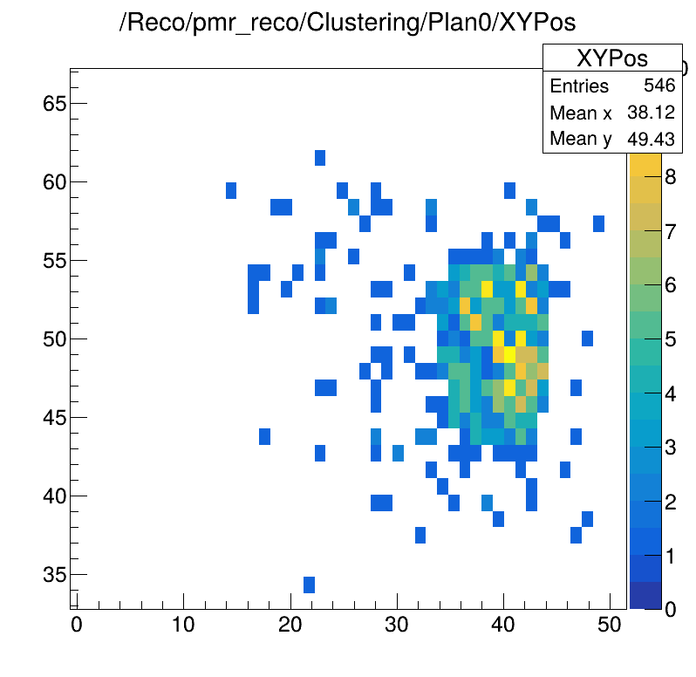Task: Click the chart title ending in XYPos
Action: (x=347, y=24)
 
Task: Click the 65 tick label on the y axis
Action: (x=54, y=104)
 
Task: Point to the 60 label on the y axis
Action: (x=54, y=182)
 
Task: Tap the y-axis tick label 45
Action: (x=54, y=418)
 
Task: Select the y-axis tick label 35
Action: (x=54, y=575)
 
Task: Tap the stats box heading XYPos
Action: (x=611, y=58)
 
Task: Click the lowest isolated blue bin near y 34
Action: (x=309, y=585)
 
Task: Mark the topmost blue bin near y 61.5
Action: (x=320, y=158)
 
